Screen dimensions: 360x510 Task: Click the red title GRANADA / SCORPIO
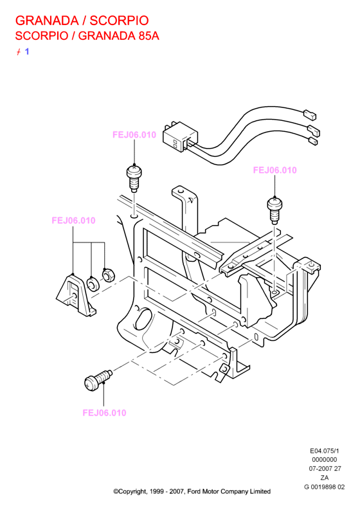[82, 21]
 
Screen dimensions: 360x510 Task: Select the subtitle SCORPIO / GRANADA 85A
[87, 35]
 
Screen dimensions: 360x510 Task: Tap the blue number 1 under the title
[27, 51]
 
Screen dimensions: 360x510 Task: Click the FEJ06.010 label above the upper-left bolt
[134, 134]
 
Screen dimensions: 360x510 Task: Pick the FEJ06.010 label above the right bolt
[274, 170]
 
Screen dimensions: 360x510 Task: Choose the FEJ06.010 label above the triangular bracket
[73, 221]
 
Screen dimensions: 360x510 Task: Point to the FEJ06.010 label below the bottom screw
[104, 413]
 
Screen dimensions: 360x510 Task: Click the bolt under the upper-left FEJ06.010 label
[134, 178]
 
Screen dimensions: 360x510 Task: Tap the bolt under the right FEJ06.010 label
[274, 210]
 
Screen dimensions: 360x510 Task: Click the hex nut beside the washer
[108, 275]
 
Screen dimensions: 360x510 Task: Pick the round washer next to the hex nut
[93, 284]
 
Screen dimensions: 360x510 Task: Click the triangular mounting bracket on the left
[76, 295]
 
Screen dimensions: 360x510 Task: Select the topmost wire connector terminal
[310, 114]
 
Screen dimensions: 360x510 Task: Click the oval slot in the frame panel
[142, 320]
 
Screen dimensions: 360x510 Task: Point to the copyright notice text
[192, 491]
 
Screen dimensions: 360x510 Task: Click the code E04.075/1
[324, 451]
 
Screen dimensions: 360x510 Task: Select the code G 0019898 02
[324, 487]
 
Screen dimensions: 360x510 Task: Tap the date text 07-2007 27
[325, 469]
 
